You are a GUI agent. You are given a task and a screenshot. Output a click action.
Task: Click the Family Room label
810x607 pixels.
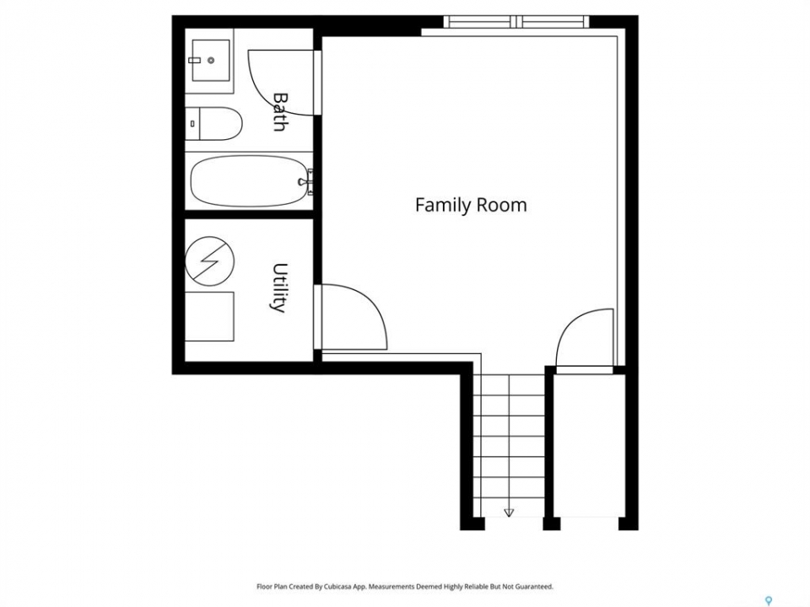(x=471, y=205)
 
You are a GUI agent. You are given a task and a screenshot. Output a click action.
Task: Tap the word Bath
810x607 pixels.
(x=280, y=112)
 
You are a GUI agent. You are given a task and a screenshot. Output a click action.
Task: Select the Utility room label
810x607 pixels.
(x=279, y=288)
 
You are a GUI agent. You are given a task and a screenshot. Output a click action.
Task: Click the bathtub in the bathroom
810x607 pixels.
(x=251, y=181)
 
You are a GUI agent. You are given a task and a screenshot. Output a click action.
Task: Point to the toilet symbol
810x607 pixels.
(x=213, y=123)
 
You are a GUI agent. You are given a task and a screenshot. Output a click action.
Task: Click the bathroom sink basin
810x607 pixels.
(x=211, y=61)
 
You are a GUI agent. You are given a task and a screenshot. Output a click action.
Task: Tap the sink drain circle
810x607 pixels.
(x=211, y=61)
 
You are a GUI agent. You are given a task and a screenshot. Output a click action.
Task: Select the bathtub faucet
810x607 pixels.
(x=307, y=182)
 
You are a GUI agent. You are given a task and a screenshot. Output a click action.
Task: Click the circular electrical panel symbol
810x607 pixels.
(x=209, y=261)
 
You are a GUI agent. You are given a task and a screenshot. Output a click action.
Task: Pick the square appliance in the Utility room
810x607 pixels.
(x=209, y=316)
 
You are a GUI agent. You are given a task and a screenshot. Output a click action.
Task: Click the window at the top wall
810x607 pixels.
(x=516, y=22)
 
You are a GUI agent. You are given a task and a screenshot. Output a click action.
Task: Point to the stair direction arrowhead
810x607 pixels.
(x=509, y=513)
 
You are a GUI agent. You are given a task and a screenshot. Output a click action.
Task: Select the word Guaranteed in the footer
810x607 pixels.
(x=536, y=587)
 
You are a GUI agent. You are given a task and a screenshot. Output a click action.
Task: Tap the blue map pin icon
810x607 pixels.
(x=768, y=600)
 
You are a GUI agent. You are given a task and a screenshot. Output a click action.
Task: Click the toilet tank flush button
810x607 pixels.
(x=192, y=123)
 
